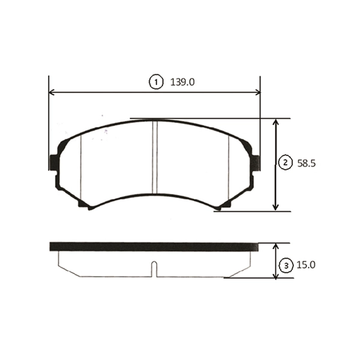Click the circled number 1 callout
coord(156,82)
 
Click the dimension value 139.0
coord(182,82)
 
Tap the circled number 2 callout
coord(286,163)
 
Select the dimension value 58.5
coord(307,163)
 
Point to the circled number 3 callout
coord(286,266)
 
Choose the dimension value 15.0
coord(306,265)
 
